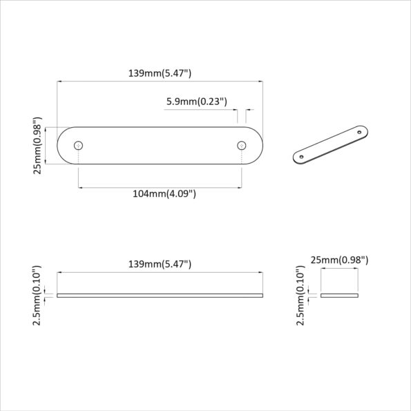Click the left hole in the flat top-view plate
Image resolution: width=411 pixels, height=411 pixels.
(x=79, y=146)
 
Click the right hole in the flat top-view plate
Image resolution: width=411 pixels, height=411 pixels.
(x=242, y=146)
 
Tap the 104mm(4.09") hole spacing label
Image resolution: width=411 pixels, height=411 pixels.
(x=164, y=194)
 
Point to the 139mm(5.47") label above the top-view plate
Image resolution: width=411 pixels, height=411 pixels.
(x=160, y=72)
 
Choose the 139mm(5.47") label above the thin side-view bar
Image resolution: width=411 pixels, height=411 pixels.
(x=160, y=264)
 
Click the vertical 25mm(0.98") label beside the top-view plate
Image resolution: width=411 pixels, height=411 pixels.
(x=38, y=146)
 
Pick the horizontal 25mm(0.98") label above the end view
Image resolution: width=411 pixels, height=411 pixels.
(x=339, y=260)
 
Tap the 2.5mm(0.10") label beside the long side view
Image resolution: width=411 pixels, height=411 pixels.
(x=38, y=295)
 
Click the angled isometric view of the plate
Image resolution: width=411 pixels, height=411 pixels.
(x=332, y=143)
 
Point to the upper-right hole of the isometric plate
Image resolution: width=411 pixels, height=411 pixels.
(x=359, y=131)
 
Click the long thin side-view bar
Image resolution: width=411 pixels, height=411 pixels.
(x=160, y=295)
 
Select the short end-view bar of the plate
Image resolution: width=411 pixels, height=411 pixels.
(x=339, y=295)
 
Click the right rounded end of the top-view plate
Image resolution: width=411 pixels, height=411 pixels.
(x=255, y=146)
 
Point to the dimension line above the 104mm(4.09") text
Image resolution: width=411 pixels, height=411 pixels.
(x=160, y=187)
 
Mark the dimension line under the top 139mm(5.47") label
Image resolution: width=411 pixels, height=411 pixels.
(x=160, y=82)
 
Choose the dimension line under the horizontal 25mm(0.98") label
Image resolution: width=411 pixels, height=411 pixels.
(x=339, y=270)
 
